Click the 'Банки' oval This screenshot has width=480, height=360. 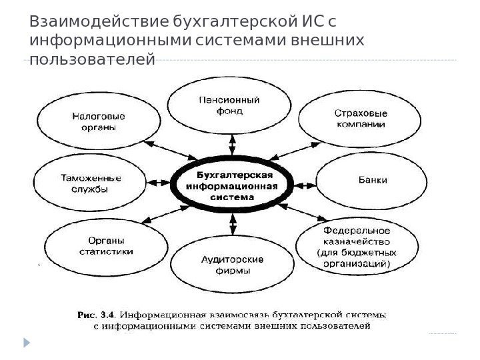pos(371,180)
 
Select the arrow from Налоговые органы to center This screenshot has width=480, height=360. pos(161,150)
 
